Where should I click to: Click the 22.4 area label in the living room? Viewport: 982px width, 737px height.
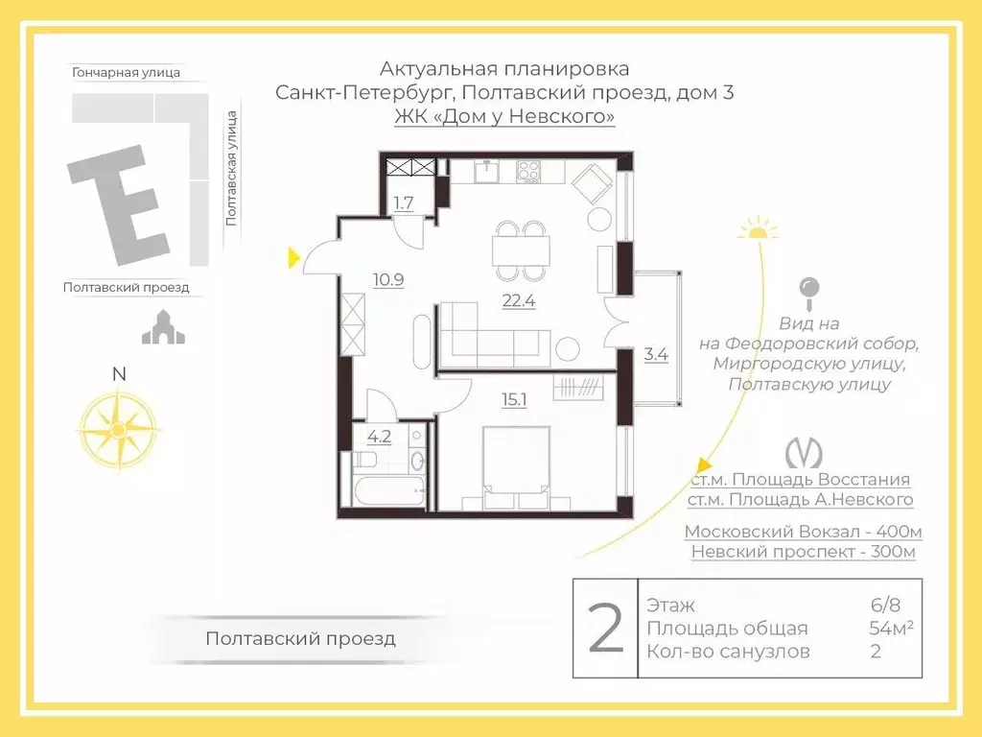click(518, 299)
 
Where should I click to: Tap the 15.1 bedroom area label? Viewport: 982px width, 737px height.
click(514, 399)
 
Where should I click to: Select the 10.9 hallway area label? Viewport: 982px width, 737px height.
click(388, 280)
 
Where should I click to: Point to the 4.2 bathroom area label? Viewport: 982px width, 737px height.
click(379, 437)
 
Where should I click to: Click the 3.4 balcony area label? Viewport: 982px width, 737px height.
click(656, 353)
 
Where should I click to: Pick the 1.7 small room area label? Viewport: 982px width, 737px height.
click(404, 202)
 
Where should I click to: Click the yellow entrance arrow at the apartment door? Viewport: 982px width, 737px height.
click(294, 256)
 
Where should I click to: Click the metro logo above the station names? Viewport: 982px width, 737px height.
click(801, 452)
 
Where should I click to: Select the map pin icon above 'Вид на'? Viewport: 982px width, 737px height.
click(810, 288)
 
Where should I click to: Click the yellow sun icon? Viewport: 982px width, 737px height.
click(759, 227)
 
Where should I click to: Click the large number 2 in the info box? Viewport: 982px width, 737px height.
click(605, 629)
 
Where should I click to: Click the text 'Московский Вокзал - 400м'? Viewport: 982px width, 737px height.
click(803, 532)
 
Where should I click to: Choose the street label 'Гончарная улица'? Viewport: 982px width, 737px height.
click(126, 72)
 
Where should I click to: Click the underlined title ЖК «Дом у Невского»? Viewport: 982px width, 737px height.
click(504, 117)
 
